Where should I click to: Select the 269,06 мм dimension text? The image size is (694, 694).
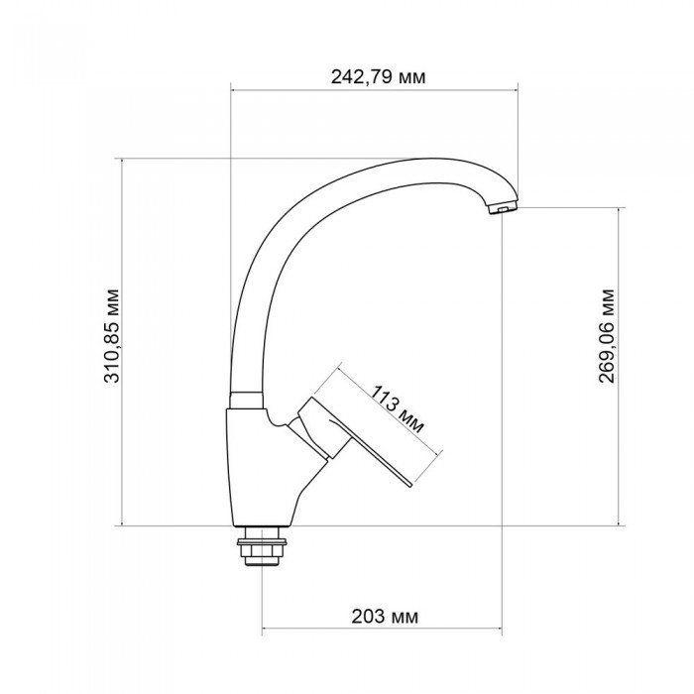click(x=607, y=335)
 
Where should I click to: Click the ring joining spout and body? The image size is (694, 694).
click(x=247, y=399)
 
